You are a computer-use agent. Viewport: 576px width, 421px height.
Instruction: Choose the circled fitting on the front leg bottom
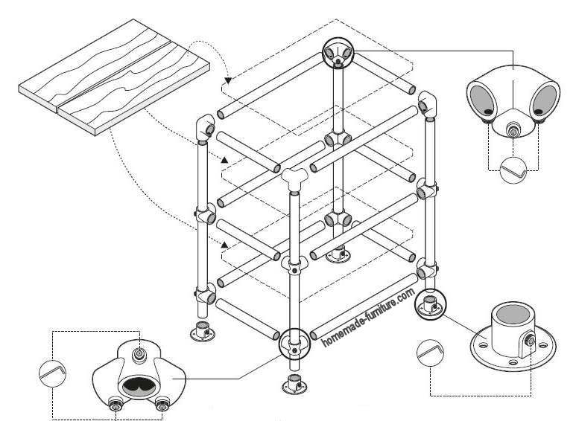click(x=294, y=345)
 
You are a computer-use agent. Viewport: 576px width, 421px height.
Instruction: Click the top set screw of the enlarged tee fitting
click(x=139, y=350)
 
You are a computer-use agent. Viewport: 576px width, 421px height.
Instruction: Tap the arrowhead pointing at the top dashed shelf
click(x=227, y=78)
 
